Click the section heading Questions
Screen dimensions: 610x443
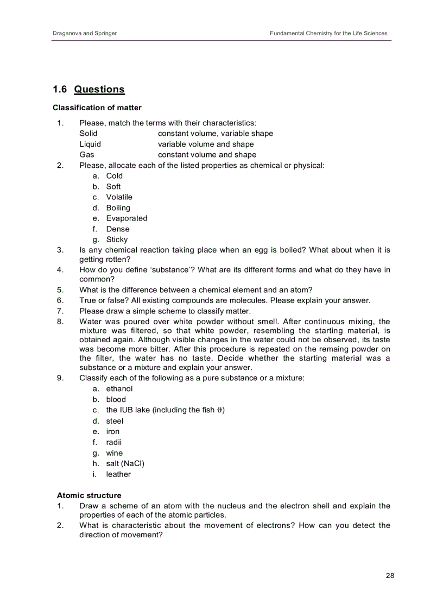pyautogui.click(x=99, y=90)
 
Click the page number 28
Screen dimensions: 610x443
pyautogui.click(x=390, y=576)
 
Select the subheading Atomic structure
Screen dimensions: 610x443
pyautogui.click(x=89, y=495)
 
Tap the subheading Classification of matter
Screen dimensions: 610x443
pyautogui.click(x=97, y=108)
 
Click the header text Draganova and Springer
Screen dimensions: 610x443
pyautogui.click(x=84, y=34)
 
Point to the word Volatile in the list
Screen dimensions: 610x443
pyautogui.click(x=119, y=197)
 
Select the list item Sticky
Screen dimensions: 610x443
pyautogui.click(x=117, y=240)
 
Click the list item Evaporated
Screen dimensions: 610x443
pyautogui.click(x=126, y=218)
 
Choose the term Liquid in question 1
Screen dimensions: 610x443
pyautogui.click(x=90, y=144)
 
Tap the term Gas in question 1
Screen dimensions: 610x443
pyautogui.click(x=87, y=155)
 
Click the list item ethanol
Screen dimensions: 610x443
pyautogui.click(x=119, y=389)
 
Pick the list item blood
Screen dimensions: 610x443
pyautogui.click(x=116, y=400)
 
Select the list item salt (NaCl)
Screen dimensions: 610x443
pyautogui.click(x=125, y=463)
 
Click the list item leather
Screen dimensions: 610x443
pyautogui.click(x=118, y=474)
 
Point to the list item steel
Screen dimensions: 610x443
pyautogui.click(x=115, y=421)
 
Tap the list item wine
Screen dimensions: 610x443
pyautogui.click(x=114, y=453)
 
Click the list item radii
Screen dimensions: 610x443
pyautogui.click(x=113, y=442)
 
